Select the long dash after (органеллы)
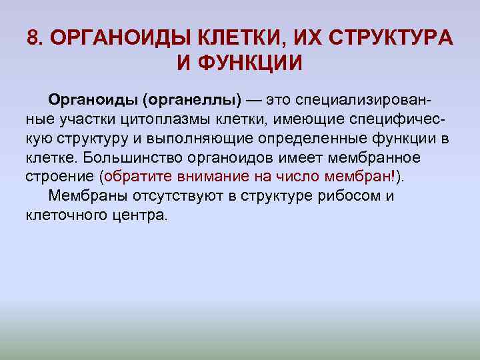click(254, 100)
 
